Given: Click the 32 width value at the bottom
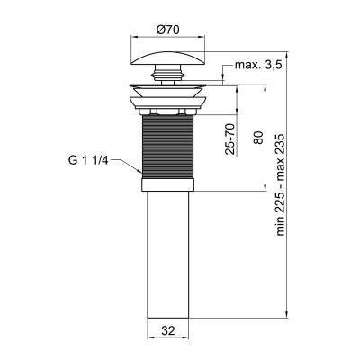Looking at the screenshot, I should click(x=168, y=331).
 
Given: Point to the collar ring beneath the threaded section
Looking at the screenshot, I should click(x=169, y=186).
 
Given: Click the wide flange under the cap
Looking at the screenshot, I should click(x=169, y=95).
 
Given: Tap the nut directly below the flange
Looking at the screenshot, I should click(x=169, y=112).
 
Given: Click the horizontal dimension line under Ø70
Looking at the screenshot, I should click(x=169, y=38).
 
